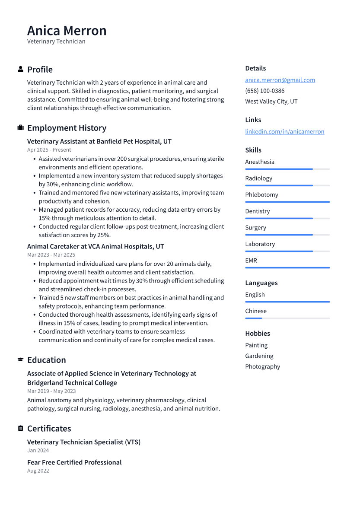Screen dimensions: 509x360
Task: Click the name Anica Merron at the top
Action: [67, 31]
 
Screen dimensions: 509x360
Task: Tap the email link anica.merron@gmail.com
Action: [280, 80]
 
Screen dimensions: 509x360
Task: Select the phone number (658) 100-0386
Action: [264, 91]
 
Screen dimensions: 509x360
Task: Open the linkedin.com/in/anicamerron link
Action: [284, 132]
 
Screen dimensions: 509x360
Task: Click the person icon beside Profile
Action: [20, 69]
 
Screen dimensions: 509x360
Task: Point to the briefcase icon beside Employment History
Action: [20, 128]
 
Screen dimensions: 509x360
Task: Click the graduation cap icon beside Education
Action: [20, 360]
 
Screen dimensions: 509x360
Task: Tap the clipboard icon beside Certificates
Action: [20, 429]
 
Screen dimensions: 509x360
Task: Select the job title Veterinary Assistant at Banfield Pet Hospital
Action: [99, 141]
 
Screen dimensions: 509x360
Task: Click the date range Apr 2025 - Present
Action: [49, 150]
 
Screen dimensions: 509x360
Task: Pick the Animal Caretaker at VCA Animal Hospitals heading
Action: [95, 246]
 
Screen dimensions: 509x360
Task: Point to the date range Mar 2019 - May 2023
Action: [51, 391]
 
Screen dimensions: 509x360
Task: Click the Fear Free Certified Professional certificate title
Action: [74, 462]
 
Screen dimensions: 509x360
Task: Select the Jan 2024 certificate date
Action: [38, 451]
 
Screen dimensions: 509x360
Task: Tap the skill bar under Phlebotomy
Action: [287, 202]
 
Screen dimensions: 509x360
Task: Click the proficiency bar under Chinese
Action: [287, 318]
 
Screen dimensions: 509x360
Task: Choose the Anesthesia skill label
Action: [259, 162]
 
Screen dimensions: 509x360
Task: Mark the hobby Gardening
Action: [259, 356]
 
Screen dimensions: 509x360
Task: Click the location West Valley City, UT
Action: [271, 102]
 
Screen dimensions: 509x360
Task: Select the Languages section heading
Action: [261, 283]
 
